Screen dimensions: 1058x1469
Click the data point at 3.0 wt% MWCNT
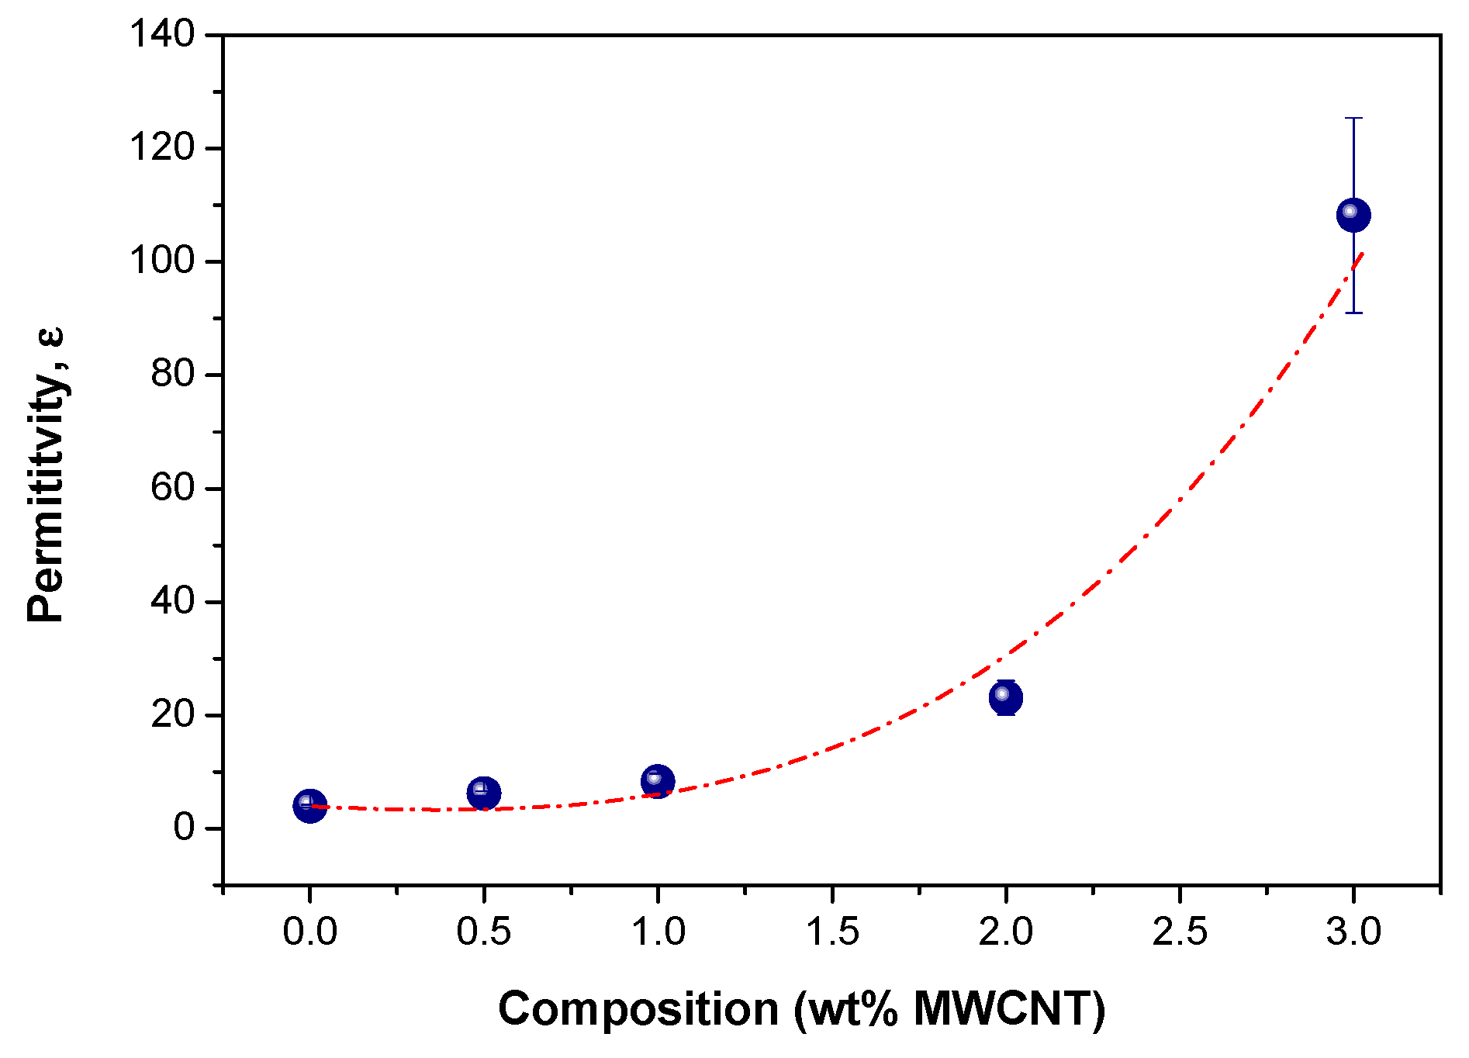click(x=1353, y=215)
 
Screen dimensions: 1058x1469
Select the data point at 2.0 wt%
click(x=1006, y=697)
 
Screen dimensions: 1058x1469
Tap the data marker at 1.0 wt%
click(x=658, y=781)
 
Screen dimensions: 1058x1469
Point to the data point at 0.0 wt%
click(x=310, y=806)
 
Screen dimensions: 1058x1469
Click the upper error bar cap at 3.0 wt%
click(x=1353, y=119)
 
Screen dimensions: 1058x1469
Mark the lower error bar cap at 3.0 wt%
click(x=1353, y=313)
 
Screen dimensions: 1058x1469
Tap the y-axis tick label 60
click(x=172, y=488)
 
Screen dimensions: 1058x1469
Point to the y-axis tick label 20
click(x=172, y=714)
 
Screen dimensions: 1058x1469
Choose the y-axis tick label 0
click(x=184, y=828)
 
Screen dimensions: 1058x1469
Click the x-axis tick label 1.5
click(x=832, y=932)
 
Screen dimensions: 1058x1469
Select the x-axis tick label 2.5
click(x=1180, y=932)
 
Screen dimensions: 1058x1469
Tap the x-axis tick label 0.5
click(x=484, y=932)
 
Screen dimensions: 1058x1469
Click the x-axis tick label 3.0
click(x=1353, y=932)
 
